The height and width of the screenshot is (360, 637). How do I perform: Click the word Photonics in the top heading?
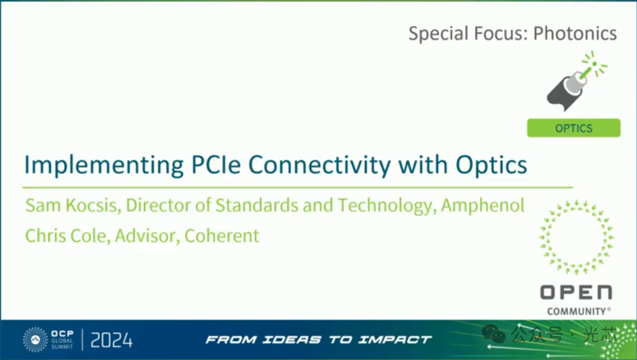(x=575, y=33)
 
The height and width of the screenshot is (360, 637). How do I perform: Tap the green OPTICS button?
(x=574, y=128)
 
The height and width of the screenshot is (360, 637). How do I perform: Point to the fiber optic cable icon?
(x=576, y=81)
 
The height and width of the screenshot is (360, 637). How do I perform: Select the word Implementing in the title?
(x=104, y=166)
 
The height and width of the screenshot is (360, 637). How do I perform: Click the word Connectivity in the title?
(x=319, y=166)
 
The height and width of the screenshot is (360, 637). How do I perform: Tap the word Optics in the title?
(x=491, y=166)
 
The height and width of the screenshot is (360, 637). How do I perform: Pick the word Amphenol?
(x=482, y=205)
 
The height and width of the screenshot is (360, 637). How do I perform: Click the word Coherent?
(x=222, y=235)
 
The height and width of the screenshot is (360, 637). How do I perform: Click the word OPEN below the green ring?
(x=576, y=293)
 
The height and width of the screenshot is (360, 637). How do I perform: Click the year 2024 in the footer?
(x=111, y=340)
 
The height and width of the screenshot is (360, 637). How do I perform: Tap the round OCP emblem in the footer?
(x=35, y=340)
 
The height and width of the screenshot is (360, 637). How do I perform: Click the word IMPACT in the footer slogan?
(x=395, y=340)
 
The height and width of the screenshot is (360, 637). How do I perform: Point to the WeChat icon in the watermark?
(x=494, y=334)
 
